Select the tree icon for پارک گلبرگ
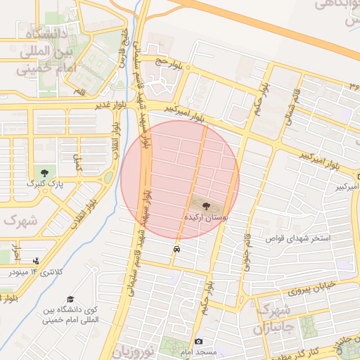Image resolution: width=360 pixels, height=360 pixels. [46, 172]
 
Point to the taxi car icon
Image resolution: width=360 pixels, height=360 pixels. [176, 249]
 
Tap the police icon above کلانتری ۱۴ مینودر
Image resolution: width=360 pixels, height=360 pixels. [36, 262]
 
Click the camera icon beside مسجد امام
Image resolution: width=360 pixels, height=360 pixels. [198, 341]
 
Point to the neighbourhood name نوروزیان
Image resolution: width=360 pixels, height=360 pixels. [130, 349]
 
